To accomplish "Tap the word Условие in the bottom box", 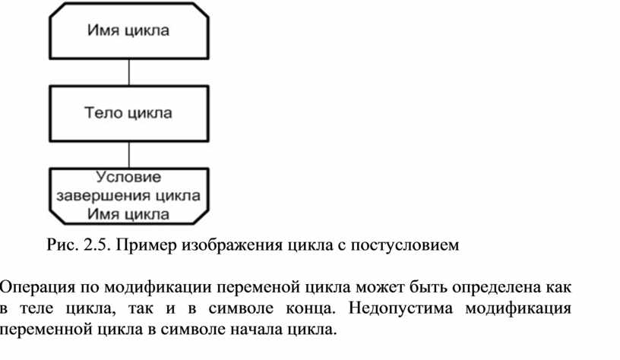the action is point(128,177).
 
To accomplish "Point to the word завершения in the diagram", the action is point(104,196).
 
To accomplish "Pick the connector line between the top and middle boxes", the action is point(129,72).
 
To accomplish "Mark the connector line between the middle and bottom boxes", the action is point(129,155).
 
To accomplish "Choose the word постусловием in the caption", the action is point(404,246).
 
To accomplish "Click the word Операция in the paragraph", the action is point(36,287).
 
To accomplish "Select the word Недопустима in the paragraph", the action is point(400,308).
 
